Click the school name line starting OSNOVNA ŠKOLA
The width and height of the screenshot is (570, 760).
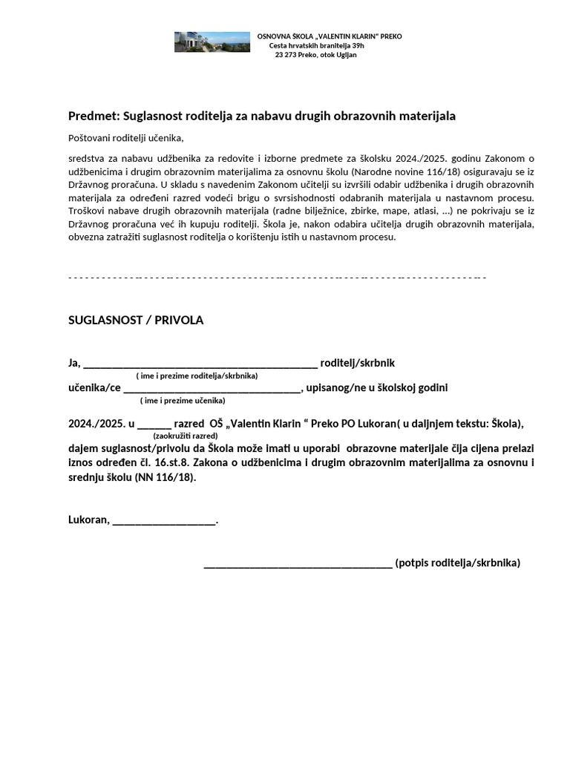[x=329, y=36]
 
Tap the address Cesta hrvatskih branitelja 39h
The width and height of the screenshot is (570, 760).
[x=316, y=45]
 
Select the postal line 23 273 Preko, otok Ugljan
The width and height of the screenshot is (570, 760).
[x=315, y=55]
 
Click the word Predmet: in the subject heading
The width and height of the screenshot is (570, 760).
[x=94, y=116]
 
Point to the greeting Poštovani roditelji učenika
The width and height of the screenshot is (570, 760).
[x=125, y=138]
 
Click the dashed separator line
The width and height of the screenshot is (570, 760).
[x=277, y=277]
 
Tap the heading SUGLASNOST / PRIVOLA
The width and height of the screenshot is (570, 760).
[x=136, y=320]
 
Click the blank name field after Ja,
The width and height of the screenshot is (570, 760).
[x=200, y=364]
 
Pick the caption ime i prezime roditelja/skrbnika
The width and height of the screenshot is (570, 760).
[x=197, y=376]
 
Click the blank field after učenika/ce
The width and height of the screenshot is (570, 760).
[x=212, y=388]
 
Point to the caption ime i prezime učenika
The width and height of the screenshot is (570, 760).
[x=183, y=400]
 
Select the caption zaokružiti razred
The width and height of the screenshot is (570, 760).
[x=186, y=436]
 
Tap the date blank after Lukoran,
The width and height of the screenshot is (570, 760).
[x=164, y=520]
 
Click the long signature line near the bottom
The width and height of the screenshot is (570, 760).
[x=298, y=563]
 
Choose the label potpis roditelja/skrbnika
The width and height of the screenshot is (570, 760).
[x=458, y=563]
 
